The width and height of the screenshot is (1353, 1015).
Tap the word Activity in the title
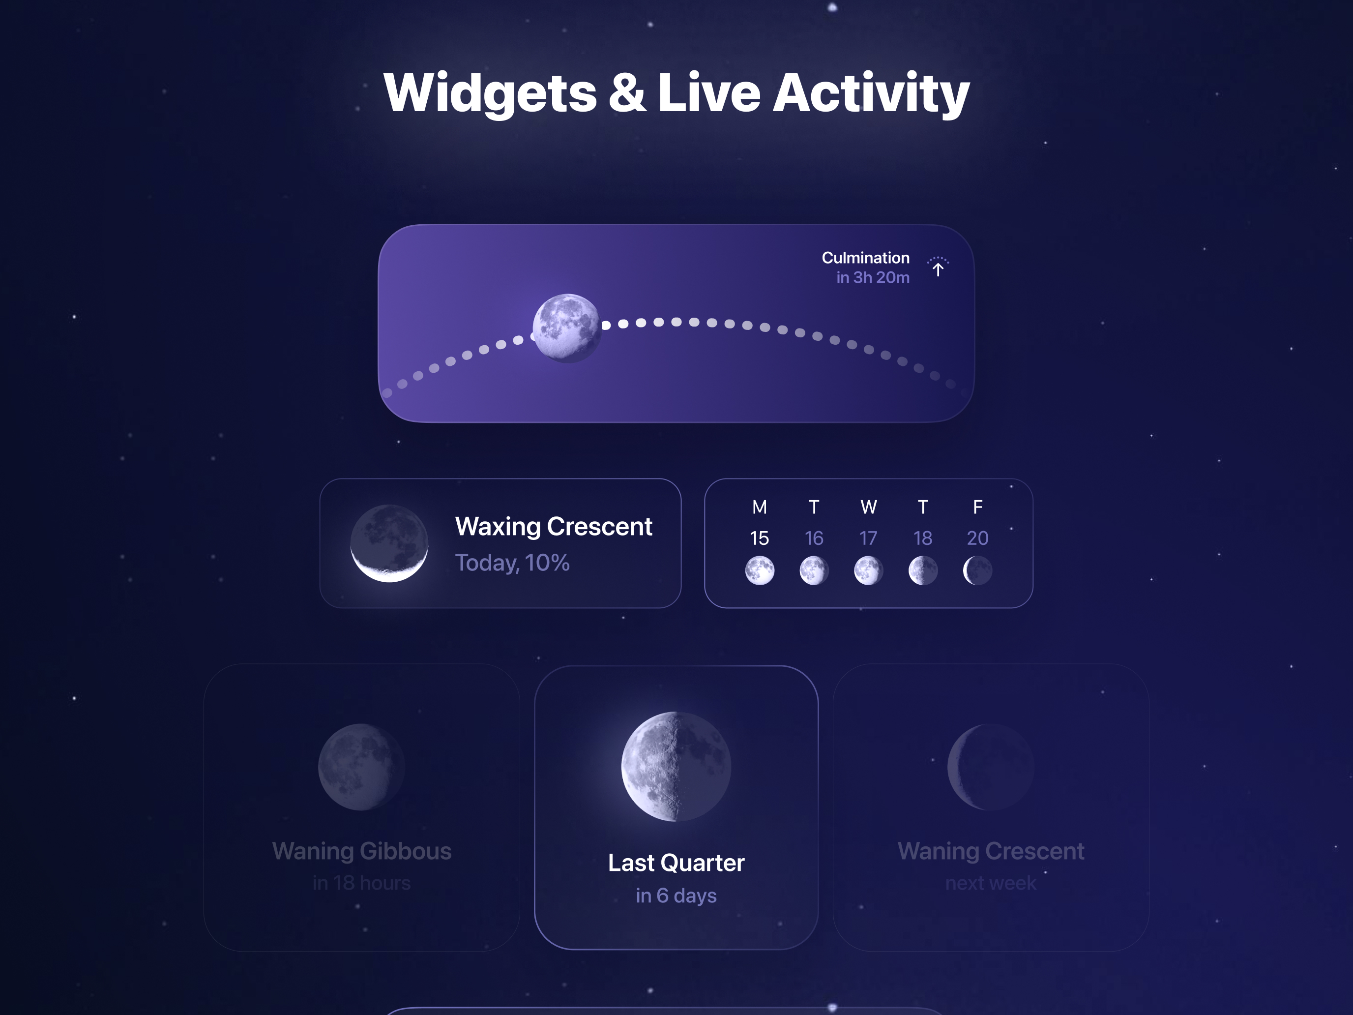[x=871, y=93]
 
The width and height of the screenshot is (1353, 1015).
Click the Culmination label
[x=865, y=258]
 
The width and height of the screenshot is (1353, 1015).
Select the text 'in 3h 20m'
[x=873, y=277]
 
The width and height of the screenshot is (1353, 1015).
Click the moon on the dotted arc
[x=566, y=328]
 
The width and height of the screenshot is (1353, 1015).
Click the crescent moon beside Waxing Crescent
[x=389, y=543]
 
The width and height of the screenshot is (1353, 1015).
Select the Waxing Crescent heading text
[x=554, y=526]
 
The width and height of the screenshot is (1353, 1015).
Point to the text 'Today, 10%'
[x=512, y=563]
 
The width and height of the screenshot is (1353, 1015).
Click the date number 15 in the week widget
[x=759, y=538]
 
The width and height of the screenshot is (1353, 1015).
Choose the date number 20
[x=977, y=538]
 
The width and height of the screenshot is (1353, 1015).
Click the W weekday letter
[x=869, y=507]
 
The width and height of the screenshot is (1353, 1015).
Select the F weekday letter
[x=977, y=507]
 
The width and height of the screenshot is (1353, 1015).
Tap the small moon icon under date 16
[x=814, y=571]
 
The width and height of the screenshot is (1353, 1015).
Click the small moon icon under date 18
[x=923, y=571]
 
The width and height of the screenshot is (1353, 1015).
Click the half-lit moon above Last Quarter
[x=676, y=766]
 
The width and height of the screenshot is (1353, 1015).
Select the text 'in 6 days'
[x=676, y=895]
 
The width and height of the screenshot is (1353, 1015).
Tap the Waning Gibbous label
[x=361, y=851]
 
